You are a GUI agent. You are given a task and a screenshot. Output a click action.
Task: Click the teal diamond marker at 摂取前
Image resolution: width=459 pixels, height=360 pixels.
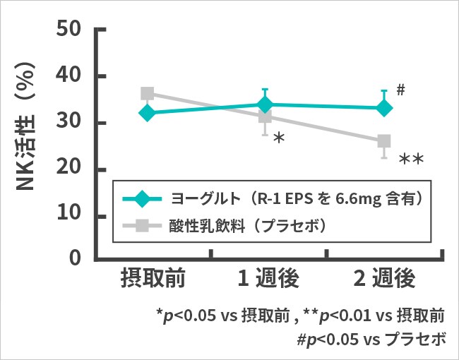click(x=147, y=112)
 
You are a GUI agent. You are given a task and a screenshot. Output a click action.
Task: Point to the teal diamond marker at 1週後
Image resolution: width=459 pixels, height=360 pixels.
click(x=266, y=105)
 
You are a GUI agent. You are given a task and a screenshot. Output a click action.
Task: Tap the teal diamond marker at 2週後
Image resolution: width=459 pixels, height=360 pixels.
click(x=384, y=108)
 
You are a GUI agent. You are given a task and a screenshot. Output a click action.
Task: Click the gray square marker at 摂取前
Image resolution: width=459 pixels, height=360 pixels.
click(x=148, y=94)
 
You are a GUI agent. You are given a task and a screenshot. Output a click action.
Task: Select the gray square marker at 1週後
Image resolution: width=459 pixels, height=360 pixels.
click(x=266, y=116)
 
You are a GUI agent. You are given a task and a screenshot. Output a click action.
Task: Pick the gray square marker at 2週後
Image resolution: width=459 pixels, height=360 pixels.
click(x=384, y=142)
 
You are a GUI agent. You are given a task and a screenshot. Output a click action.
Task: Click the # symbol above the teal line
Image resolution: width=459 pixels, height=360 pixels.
click(x=400, y=90)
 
